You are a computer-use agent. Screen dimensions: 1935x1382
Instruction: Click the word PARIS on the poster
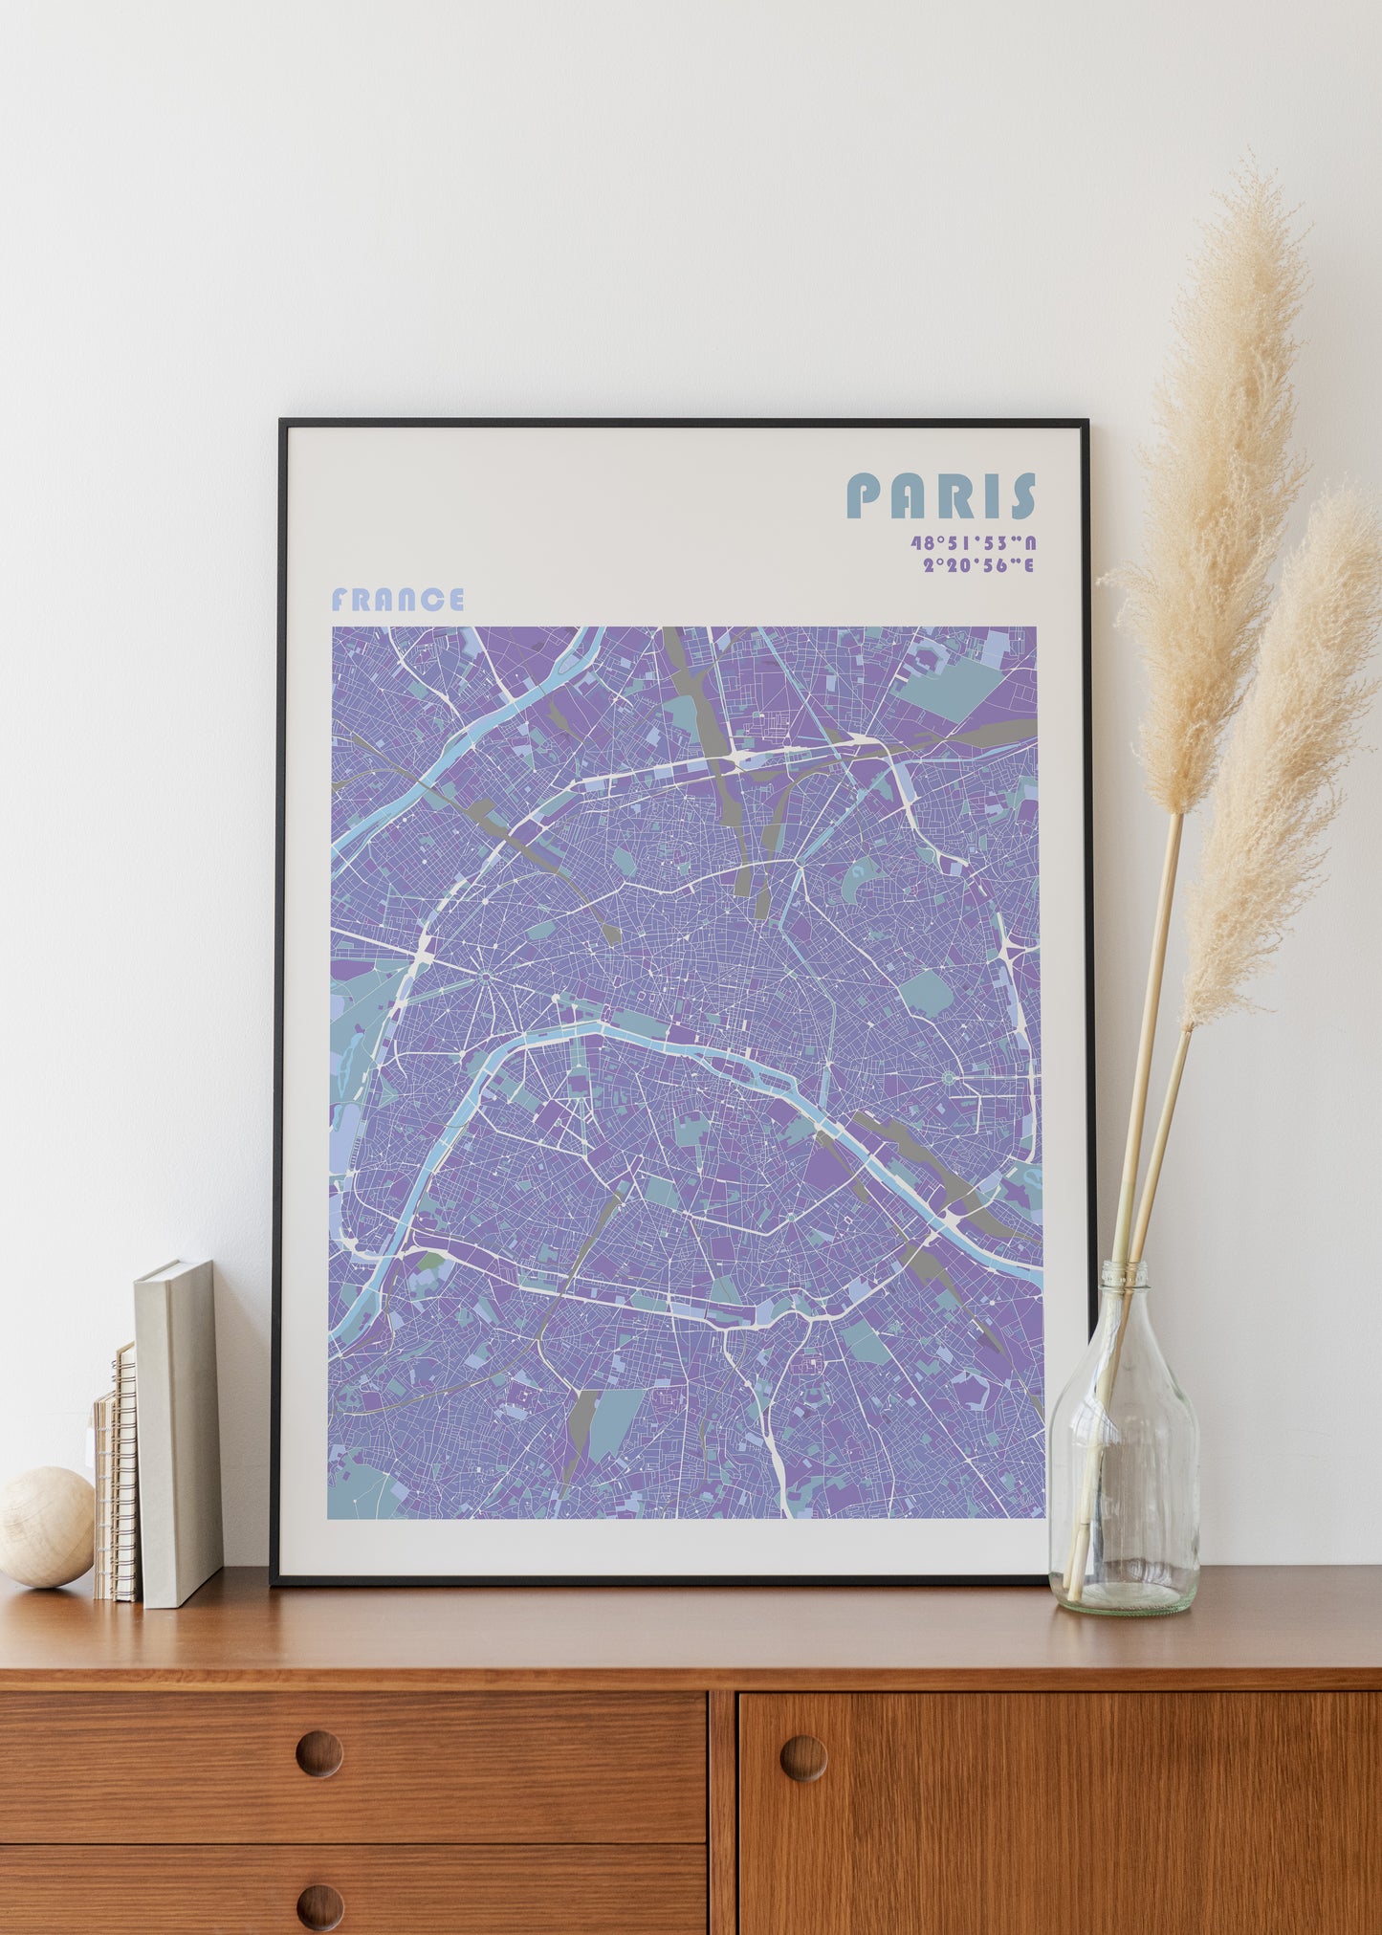click(x=941, y=495)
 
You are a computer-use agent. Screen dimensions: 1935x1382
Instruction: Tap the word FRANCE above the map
click(x=397, y=600)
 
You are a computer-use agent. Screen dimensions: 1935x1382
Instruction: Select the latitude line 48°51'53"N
click(x=973, y=543)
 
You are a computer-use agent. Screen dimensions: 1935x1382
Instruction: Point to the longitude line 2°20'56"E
click(x=978, y=564)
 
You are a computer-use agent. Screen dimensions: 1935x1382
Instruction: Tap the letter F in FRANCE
click(x=340, y=600)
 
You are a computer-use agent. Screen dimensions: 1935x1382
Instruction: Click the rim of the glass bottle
click(x=1123, y=1270)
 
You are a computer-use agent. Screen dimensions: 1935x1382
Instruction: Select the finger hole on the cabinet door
click(x=803, y=1757)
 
